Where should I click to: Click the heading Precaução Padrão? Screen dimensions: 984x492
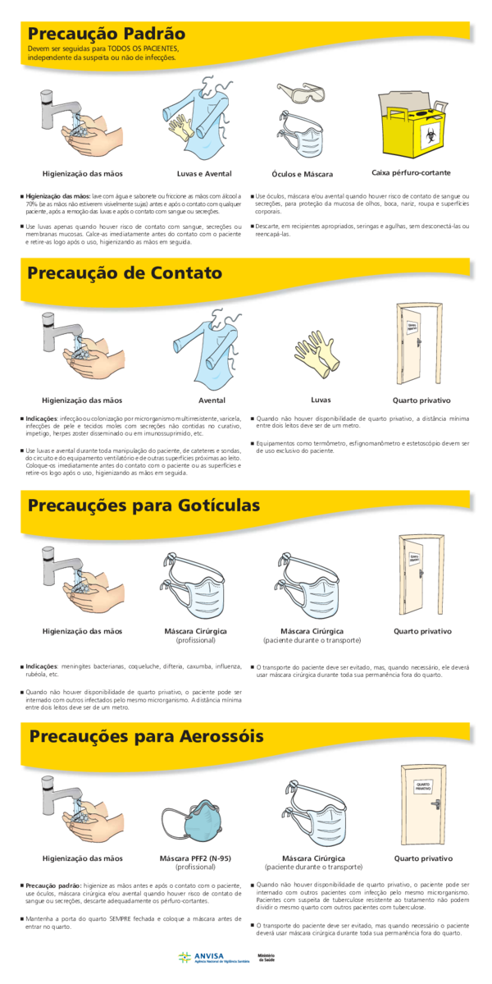coord(107,34)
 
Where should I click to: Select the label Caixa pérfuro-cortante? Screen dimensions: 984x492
coord(411,172)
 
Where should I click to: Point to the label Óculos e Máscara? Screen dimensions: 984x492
coord(302,174)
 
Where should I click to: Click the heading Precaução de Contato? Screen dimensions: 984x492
coord(125,272)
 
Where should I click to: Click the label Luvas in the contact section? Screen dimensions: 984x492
coord(321,400)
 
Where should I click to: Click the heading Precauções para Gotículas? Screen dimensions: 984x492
coord(143,504)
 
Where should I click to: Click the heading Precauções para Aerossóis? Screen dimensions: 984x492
coord(143,735)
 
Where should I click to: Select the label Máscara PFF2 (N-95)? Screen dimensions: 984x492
coord(195,858)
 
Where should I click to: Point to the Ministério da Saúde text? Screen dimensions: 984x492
coord(266,958)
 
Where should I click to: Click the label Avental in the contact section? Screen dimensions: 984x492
coord(212,400)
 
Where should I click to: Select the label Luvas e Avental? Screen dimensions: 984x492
coord(204,173)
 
